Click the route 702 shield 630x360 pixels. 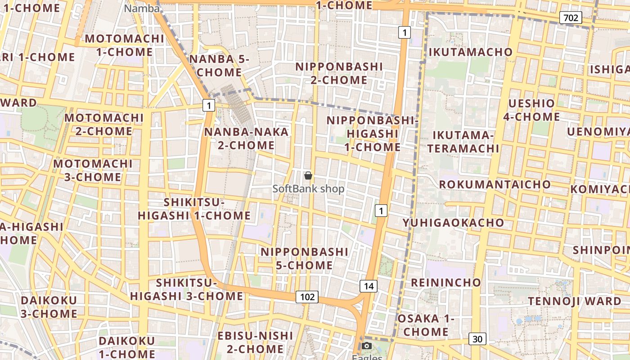click(x=571, y=18)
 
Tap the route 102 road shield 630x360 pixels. click(x=307, y=297)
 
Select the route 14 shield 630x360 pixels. click(x=369, y=286)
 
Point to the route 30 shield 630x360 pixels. click(x=477, y=339)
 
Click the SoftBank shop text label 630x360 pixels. click(x=309, y=189)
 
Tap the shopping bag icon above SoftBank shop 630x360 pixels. click(x=308, y=175)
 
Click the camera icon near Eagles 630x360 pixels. click(x=367, y=346)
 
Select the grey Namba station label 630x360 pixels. click(x=142, y=9)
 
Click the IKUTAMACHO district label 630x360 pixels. click(x=471, y=52)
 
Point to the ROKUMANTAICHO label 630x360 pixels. click(x=495, y=184)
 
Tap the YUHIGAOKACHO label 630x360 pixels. click(x=453, y=223)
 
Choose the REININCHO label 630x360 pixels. click(x=446, y=283)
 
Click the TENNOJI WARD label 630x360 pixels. click(x=575, y=301)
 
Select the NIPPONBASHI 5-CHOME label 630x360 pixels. click(x=305, y=258)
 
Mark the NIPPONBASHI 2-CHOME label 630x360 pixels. click(x=339, y=73)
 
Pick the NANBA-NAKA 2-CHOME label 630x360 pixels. click(x=246, y=138)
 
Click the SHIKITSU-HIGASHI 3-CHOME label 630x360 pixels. click(x=187, y=289)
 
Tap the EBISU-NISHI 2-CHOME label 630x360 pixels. click(x=255, y=342)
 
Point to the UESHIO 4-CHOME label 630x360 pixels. click(x=531, y=110)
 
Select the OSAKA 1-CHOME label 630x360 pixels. click(x=426, y=325)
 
